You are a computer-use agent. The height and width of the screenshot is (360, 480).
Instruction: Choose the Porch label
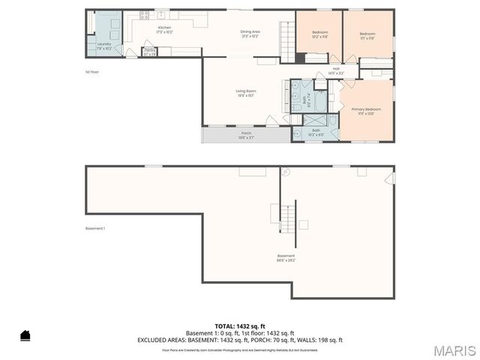click(x=246, y=135)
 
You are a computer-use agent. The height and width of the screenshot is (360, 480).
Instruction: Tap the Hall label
click(x=336, y=71)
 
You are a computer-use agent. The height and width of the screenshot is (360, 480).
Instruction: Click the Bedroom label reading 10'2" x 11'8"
click(x=319, y=34)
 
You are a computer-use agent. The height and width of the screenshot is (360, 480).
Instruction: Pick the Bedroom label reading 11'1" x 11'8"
click(x=367, y=34)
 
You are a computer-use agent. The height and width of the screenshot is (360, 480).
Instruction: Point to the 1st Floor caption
click(x=92, y=72)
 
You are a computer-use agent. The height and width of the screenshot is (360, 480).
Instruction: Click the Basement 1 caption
click(x=94, y=229)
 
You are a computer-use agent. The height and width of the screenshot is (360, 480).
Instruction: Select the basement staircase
click(x=288, y=217)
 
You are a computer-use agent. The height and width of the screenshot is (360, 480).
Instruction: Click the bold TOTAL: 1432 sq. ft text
click(x=240, y=326)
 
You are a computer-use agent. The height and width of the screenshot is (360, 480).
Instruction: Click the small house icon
click(x=25, y=335)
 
